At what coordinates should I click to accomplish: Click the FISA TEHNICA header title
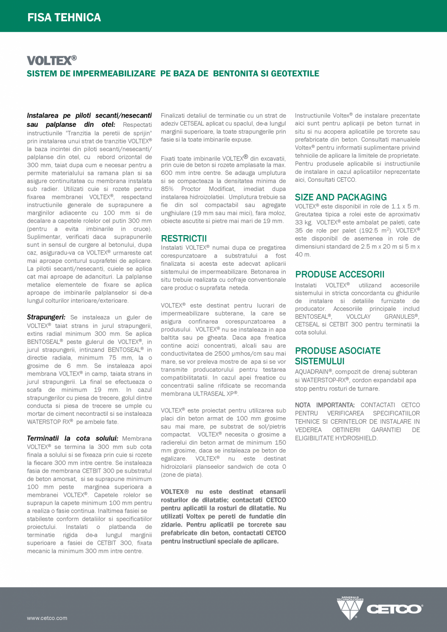(64, 17)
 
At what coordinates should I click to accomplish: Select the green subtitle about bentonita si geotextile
(173, 74)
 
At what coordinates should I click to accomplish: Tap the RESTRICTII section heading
(184, 239)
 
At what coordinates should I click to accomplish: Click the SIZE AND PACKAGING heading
(341, 197)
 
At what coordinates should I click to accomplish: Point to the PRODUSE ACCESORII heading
(340, 274)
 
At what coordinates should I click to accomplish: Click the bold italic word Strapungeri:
(46, 317)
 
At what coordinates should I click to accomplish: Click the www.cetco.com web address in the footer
(47, 618)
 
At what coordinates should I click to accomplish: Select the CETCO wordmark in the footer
(394, 609)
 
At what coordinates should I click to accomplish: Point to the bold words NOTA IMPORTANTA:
(325, 405)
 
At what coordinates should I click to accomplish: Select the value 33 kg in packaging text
(304, 222)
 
